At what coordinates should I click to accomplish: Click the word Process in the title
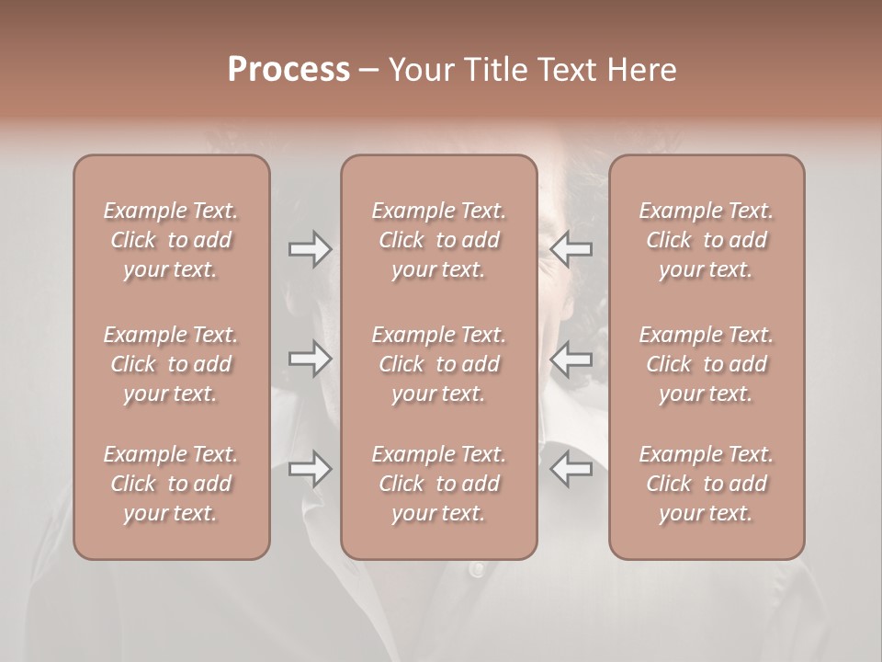tap(288, 70)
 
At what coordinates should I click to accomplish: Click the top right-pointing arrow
tap(311, 249)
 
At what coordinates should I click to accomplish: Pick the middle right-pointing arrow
tap(311, 360)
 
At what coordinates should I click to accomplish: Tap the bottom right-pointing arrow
tap(311, 469)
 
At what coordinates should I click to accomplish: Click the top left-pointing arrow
tap(571, 249)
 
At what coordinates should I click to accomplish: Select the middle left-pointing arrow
tap(571, 360)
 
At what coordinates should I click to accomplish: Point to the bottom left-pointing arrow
tap(571, 469)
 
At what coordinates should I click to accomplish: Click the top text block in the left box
tap(171, 240)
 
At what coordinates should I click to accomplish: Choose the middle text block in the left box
tap(171, 364)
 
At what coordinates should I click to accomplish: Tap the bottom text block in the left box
tap(171, 484)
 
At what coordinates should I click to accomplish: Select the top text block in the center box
tap(439, 240)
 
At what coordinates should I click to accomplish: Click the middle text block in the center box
tap(439, 364)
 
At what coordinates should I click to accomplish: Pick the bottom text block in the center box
tap(439, 484)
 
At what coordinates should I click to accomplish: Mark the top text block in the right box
tap(707, 240)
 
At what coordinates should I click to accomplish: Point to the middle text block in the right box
tap(707, 364)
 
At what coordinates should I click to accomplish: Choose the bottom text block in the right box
tap(707, 484)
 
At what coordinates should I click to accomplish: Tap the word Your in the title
tap(417, 70)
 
